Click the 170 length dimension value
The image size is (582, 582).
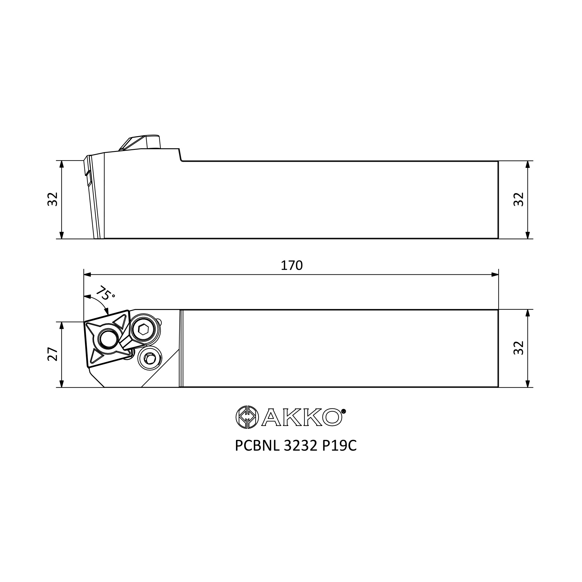291,265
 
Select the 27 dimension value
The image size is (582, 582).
53,354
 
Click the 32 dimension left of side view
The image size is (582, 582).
53,199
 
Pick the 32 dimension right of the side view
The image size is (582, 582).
519,199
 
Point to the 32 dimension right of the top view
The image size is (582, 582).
519,348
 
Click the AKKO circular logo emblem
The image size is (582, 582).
247,417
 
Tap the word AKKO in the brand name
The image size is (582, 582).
301,417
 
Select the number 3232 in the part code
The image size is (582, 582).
300,446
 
